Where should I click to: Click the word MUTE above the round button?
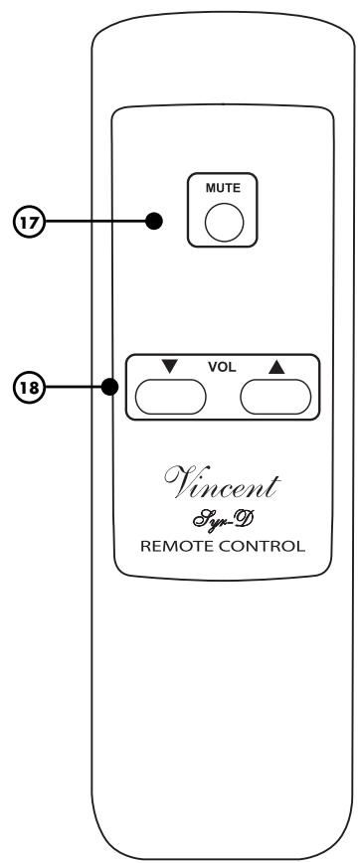[x=217, y=186]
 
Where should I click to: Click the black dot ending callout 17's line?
[x=152, y=221]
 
